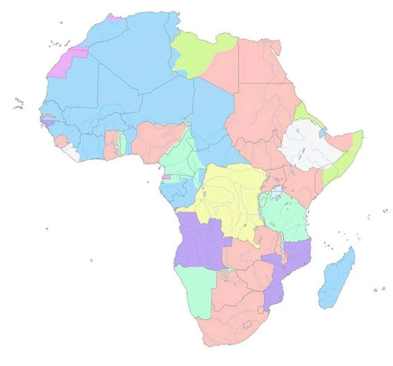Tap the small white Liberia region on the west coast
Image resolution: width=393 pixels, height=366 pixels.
74,152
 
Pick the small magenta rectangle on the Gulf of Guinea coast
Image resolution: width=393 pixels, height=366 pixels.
166,176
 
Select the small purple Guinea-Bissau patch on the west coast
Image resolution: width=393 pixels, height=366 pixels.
48,122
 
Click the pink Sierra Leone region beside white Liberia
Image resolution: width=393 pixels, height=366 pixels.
62,142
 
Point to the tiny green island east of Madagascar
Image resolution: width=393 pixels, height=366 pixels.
375,290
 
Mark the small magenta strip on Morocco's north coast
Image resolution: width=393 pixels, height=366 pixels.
114,17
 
